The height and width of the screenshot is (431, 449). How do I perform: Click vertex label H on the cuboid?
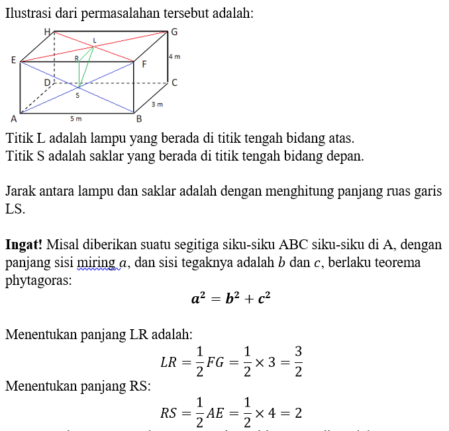[46, 31]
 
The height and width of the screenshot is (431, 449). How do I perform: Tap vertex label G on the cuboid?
[174, 32]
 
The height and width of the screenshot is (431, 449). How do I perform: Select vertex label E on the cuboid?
[13, 60]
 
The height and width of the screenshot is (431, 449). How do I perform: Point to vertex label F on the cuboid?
[144, 64]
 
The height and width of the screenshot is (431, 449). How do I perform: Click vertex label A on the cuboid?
[13, 119]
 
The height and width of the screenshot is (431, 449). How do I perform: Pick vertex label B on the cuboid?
[139, 119]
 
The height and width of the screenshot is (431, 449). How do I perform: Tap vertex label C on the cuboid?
[174, 83]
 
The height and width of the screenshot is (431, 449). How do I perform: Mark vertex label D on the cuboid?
[47, 82]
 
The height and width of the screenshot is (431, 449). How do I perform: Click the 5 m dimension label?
[75, 119]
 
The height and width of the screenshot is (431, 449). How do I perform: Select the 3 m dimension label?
[156, 104]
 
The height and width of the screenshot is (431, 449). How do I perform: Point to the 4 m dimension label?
[175, 58]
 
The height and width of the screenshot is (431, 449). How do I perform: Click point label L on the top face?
[94, 41]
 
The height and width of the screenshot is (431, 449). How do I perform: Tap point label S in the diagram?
[77, 95]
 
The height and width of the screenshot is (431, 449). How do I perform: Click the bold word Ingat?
[25, 245]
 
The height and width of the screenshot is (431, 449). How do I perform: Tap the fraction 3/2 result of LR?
[298, 362]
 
